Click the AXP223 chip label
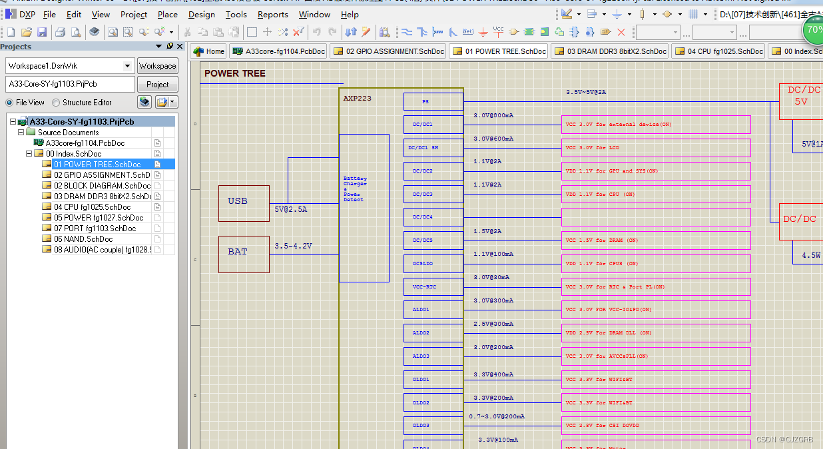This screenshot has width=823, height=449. [358, 99]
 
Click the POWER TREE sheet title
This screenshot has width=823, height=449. [234, 74]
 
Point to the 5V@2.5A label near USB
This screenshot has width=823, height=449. [291, 209]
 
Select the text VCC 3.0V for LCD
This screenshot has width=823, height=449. [592, 148]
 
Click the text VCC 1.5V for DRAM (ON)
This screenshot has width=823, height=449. [602, 240]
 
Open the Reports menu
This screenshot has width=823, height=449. [272, 14]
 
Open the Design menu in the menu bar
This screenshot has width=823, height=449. [201, 14]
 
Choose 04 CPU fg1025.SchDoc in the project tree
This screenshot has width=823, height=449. [92, 207]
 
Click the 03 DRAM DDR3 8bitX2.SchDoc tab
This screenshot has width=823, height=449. [610, 51]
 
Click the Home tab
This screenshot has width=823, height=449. [208, 51]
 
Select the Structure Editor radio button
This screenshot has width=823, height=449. [56, 103]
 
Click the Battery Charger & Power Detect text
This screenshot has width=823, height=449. [355, 189]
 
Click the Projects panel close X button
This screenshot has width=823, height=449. [180, 47]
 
